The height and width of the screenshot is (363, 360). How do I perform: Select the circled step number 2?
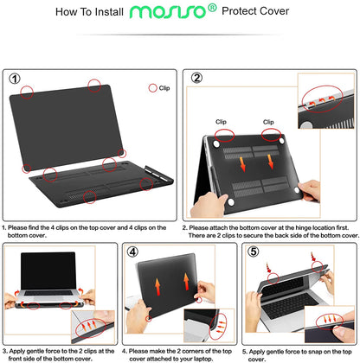tap(196, 80)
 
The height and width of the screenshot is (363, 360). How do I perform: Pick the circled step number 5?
tap(252, 253)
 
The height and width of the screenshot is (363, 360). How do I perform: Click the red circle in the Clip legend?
tap(153, 87)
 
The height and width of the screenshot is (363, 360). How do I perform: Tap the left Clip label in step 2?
tap(221, 122)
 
